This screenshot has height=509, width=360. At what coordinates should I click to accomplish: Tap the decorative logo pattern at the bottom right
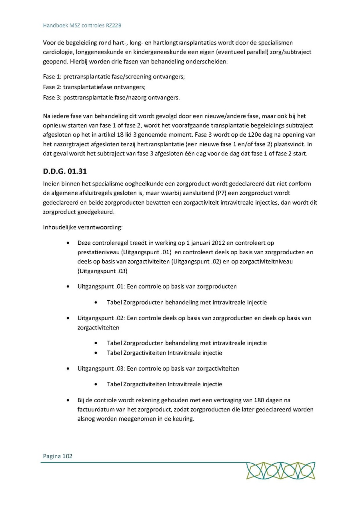(280, 471)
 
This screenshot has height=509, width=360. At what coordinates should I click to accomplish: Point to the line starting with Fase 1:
(114, 76)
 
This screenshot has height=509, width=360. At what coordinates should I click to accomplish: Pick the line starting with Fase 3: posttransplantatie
(111, 97)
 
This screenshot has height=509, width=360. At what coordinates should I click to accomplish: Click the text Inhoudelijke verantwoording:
(83, 228)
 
